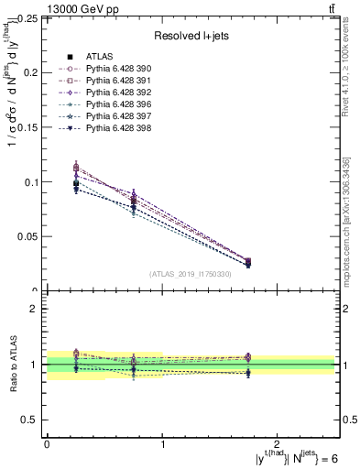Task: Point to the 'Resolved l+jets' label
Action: (x=191, y=37)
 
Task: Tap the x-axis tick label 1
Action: (x=162, y=444)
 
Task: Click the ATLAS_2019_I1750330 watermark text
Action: (x=191, y=274)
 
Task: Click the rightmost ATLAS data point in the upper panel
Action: (x=248, y=264)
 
